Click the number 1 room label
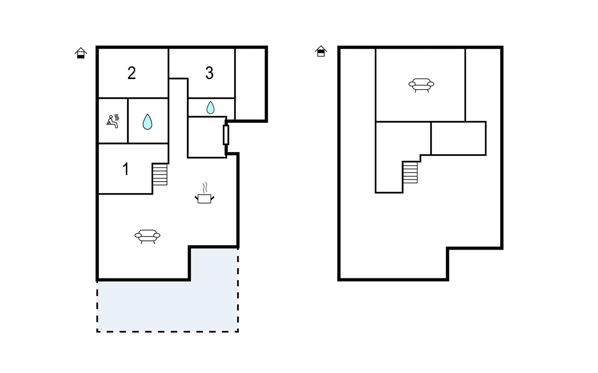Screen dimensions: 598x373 click(x=126, y=169)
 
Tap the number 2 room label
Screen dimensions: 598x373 click(x=131, y=73)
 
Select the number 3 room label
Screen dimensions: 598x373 click(x=209, y=73)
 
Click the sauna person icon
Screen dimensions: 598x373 click(x=113, y=121)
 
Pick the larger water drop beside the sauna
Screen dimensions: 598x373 click(x=147, y=122)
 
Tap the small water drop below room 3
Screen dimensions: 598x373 click(x=211, y=107)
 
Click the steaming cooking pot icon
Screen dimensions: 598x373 click(x=204, y=193)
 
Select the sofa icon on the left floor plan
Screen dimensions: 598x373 click(x=147, y=236)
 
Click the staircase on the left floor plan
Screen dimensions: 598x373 click(x=160, y=174)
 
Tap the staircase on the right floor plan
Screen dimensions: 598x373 click(x=410, y=172)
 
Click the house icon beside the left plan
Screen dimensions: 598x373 click(x=81, y=53)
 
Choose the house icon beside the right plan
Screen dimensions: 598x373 click(x=321, y=51)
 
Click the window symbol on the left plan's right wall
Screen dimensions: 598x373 click(x=226, y=135)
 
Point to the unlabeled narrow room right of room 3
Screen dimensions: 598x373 click(x=250, y=84)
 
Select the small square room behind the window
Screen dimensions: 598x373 click(x=207, y=137)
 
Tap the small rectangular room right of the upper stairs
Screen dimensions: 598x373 click(x=458, y=138)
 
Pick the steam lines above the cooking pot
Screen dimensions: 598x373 click(x=205, y=188)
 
